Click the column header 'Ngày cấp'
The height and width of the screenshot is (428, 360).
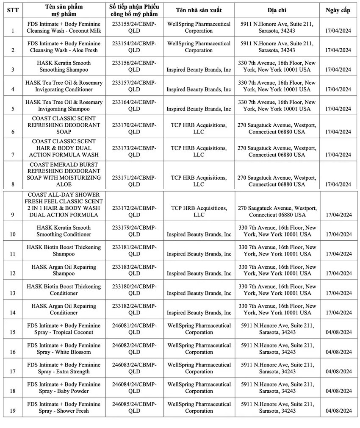(338, 10)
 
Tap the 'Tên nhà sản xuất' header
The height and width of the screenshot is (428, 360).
(199, 10)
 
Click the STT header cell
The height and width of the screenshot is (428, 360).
(13, 10)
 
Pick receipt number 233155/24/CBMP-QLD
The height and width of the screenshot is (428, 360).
(134, 28)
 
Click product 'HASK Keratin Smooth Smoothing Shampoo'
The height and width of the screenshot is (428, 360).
(64, 67)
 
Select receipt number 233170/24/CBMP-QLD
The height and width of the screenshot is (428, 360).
(134, 128)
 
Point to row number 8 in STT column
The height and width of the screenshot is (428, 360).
(13, 184)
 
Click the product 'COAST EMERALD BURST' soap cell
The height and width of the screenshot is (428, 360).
(64, 175)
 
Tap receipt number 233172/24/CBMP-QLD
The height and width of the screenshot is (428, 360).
(134, 211)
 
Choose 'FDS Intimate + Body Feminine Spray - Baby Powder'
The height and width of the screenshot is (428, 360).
(64, 388)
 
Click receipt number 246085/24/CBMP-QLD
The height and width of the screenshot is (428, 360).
(134, 407)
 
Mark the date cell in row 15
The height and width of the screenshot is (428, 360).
(338, 332)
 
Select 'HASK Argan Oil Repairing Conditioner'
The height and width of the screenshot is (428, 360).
(64, 309)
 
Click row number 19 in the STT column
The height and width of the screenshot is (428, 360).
(13, 411)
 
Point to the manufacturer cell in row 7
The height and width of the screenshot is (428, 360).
(199, 151)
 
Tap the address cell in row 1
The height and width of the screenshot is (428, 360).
(277, 28)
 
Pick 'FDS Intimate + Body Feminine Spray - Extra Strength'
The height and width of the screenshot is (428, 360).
(64, 368)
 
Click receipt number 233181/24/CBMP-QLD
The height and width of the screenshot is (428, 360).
(134, 250)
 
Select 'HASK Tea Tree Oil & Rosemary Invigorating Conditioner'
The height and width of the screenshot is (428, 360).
(64, 86)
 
